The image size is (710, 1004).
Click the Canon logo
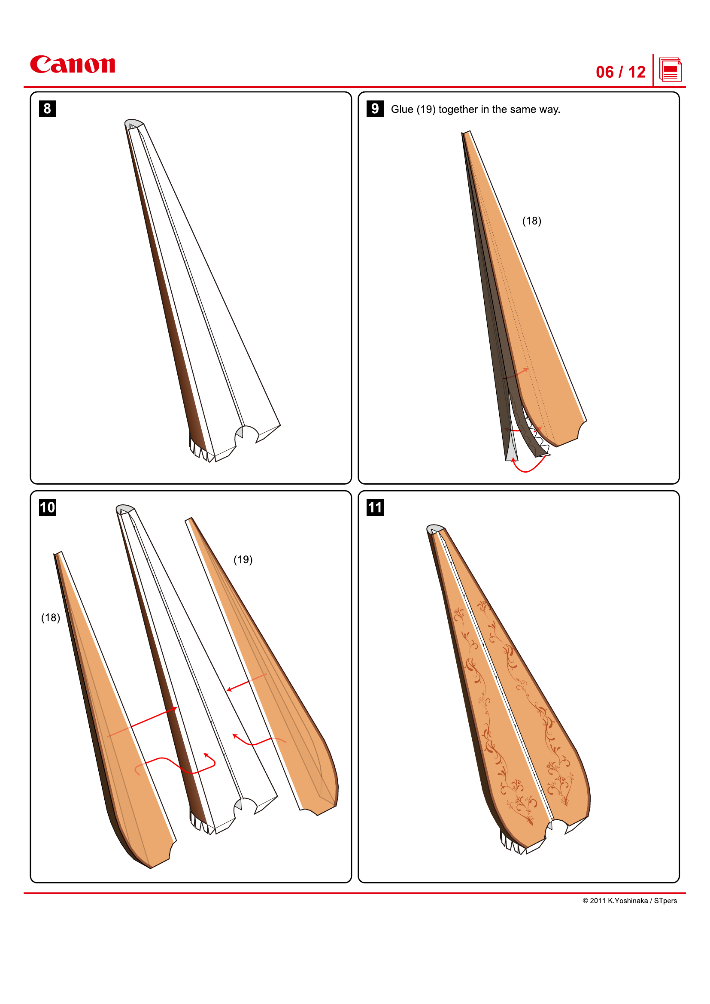(73, 65)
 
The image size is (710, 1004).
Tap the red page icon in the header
(670, 70)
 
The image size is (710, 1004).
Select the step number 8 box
(47, 108)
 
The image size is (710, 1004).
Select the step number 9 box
(375, 108)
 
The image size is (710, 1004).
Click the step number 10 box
(47, 507)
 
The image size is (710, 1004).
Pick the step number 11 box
(375, 507)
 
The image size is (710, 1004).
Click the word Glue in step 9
(402, 109)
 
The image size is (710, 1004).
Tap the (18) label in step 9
(531, 221)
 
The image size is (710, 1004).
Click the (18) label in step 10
(51, 617)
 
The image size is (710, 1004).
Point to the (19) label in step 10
(243, 559)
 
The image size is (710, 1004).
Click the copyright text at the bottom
(629, 901)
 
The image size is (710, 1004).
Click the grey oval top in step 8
(134, 123)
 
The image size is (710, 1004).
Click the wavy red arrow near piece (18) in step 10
(175, 765)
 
